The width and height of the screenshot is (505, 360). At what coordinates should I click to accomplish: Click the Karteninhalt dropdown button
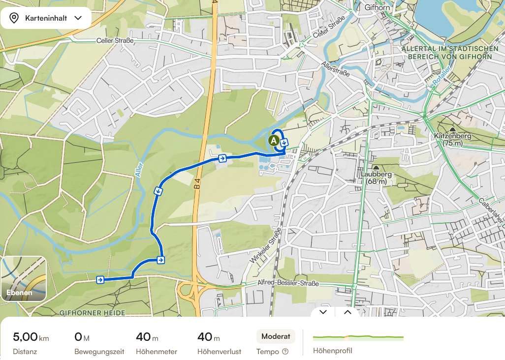tap(46, 18)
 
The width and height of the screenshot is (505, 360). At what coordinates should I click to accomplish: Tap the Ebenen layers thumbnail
tap(24, 279)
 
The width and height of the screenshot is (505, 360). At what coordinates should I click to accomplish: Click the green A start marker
tap(273, 140)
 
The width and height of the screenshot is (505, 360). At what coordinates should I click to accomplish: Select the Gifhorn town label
tap(378, 7)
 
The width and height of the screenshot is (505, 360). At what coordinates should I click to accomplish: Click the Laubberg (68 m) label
tap(376, 178)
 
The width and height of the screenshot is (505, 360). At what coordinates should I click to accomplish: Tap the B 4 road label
tap(196, 188)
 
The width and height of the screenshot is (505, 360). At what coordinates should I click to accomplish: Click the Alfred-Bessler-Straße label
tap(288, 284)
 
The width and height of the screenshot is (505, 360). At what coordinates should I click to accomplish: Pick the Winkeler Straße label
tap(266, 245)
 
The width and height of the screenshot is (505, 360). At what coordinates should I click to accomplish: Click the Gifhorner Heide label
tap(92, 313)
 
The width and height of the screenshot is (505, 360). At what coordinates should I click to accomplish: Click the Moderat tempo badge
tap(276, 336)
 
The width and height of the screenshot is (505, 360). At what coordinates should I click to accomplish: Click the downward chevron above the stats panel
tap(323, 312)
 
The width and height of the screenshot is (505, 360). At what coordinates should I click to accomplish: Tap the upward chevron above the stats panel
tap(347, 312)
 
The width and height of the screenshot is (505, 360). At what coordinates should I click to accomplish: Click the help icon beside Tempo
tap(284, 352)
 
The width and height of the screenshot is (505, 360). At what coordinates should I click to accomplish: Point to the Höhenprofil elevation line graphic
tap(358, 338)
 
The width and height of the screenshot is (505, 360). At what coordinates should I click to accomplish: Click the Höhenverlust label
tap(219, 352)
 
